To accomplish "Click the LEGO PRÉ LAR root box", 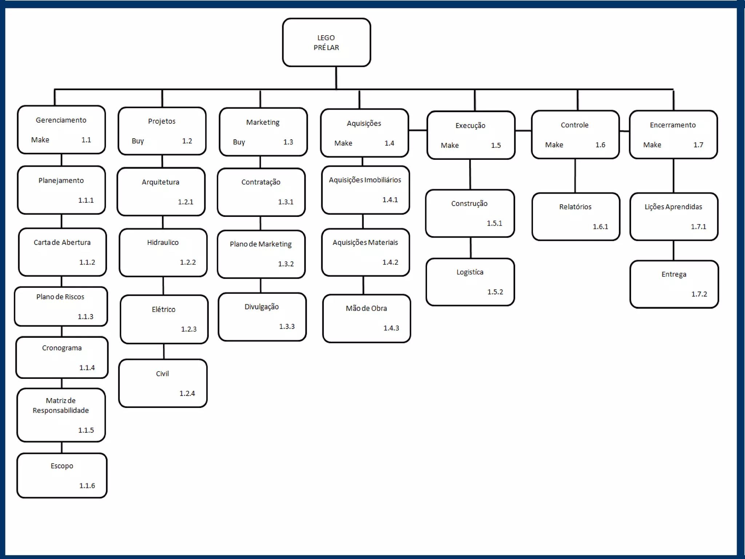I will tap(326, 43).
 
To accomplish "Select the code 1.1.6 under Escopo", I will tap(87, 485).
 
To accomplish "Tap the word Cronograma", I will tap(62, 348).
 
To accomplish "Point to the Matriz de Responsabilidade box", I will tap(61, 415).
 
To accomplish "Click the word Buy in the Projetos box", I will tap(138, 141).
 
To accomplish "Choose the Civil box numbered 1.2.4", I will tap(163, 383).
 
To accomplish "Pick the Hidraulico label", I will tap(163, 242).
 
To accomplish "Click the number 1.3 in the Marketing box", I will tap(288, 142).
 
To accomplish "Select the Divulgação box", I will tap(262, 317).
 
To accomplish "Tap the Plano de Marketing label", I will tap(260, 244).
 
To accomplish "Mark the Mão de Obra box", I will tap(366, 318).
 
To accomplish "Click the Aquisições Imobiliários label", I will tap(365, 180).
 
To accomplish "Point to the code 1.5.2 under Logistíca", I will tap(495, 292).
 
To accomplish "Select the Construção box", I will tap(470, 213).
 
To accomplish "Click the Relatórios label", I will tap(575, 207).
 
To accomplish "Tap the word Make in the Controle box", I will tap(554, 145).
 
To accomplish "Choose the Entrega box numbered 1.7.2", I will tap(674, 284).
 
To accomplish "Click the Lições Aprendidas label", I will tap(673, 207).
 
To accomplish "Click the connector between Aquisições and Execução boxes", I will tap(418, 130).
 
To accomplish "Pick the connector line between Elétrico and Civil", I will tap(164, 352).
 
